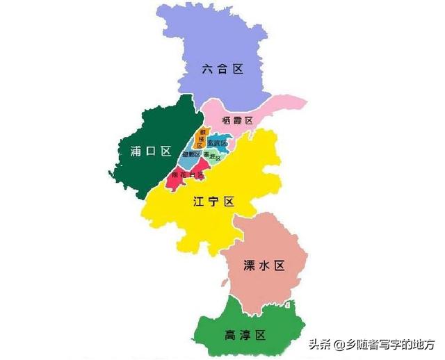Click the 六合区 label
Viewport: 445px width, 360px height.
click(222, 69)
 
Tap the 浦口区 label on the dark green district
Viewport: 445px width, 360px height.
click(150, 151)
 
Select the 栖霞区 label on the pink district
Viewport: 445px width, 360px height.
click(238, 120)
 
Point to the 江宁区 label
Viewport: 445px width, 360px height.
click(213, 202)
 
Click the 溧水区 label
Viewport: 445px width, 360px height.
click(265, 265)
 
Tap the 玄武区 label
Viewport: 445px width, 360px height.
click(218, 143)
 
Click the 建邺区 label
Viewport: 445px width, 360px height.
click(191, 154)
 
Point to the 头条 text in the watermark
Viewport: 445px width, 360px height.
click(319, 344)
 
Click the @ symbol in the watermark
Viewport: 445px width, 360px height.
click(338, 344)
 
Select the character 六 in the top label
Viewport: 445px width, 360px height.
click(208, 69)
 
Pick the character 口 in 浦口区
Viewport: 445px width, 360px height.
click(150, 151)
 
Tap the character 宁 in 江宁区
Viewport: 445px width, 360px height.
click(213, 202)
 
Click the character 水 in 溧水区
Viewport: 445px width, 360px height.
click(265, 265)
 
